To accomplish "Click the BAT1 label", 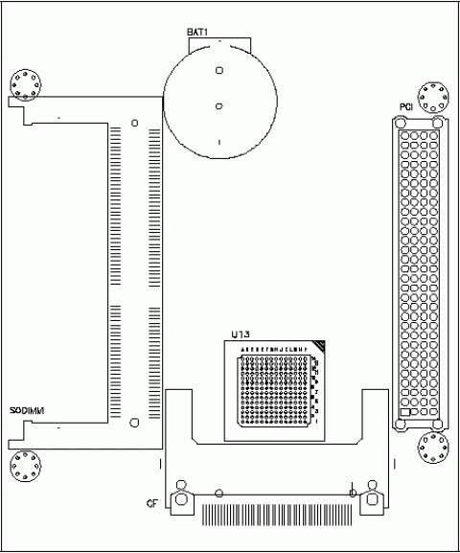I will click(x=197, y=33).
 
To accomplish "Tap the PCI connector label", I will click(x=406, y=106).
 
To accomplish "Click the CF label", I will click(x=151, y=503).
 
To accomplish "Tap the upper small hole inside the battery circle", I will click(x=219, y=70).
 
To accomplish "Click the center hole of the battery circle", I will click(x=219, y=105).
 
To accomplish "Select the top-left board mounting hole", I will click(x=25, y=83).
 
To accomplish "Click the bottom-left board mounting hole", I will click(x=25, y=468).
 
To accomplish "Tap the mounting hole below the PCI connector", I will click(x=432, y=448).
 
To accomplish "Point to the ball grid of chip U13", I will click(x=277, y=387).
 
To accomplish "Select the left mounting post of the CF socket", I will click(x=178, y=500).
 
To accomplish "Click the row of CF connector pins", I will click(x=275, y=516).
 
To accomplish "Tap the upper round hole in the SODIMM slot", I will click(x=134, y=123).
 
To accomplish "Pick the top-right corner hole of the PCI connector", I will click(x=438, y=122).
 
